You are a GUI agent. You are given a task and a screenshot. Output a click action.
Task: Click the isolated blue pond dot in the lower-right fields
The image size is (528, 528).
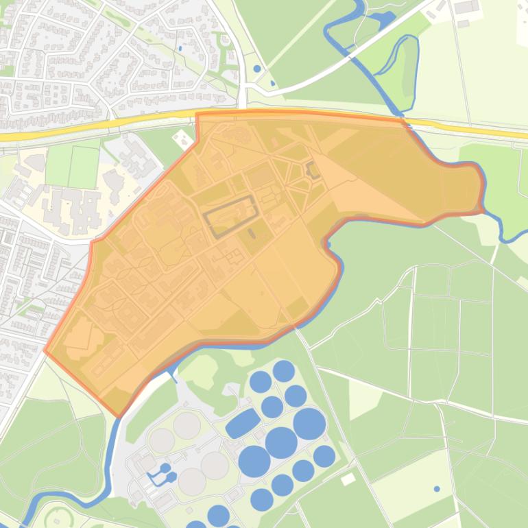pyautogui.click(x=437, y=489)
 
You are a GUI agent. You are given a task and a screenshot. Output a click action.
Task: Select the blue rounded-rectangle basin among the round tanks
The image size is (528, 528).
pyautogui.click(x=243, y=423)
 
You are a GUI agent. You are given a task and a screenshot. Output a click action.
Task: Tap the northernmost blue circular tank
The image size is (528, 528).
pyautogui.click(x=284, y=371)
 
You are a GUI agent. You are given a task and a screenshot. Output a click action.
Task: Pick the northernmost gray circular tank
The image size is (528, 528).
pyautogui.click(x=187, y=425)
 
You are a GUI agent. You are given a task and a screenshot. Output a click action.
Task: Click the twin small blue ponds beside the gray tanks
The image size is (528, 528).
pyautogui.click(x=164, y=472)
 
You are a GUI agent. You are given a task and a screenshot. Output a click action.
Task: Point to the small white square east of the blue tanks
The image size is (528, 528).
pyautogui.click(x=348, y=479)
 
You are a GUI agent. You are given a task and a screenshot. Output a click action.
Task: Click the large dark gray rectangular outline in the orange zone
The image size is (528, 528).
pyautogui.click(x=230, y=215)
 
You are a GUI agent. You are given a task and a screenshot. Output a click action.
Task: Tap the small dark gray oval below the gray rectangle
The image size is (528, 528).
pyautogui.click(x=252, y=233)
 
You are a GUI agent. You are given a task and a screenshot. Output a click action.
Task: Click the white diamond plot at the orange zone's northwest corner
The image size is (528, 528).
pyautogui.click(x=183, y=137)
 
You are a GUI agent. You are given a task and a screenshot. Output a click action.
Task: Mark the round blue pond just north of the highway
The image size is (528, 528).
pyautogui.click(x=256, y=69)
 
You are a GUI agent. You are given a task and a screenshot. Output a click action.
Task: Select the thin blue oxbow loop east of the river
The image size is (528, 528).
pyautogui.click(x=405, y=69)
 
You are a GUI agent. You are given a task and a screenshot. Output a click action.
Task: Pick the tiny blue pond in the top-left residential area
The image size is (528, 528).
pyautogui.click(x=180, y=48)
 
